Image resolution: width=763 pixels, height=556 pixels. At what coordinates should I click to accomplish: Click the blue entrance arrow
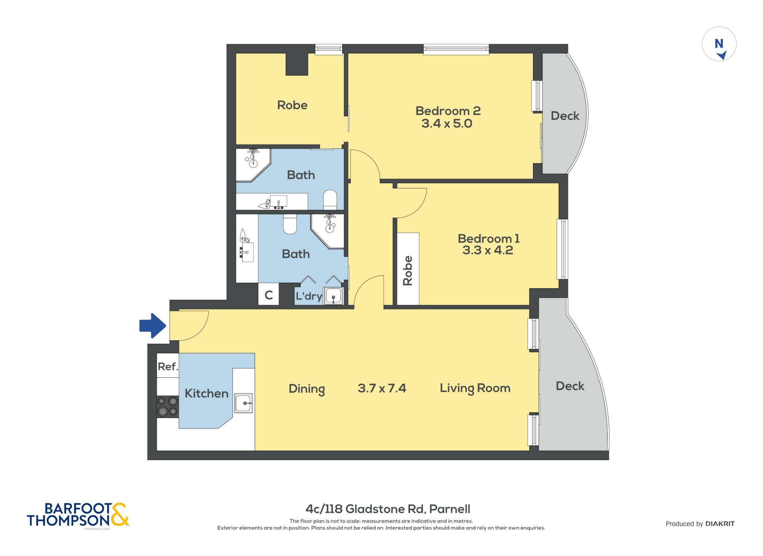click(153, 326)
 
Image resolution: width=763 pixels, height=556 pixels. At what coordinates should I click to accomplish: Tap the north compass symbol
click(719, 44)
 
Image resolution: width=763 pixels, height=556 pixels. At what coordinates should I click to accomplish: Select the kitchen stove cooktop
click(168, 406)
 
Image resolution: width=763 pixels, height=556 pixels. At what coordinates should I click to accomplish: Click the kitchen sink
click(244, 403)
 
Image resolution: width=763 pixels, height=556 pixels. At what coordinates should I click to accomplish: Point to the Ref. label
click(168, 367)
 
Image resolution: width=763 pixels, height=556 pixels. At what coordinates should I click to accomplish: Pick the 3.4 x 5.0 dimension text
click(447, 124)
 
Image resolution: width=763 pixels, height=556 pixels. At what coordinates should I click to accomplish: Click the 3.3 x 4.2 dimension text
click(488, 250)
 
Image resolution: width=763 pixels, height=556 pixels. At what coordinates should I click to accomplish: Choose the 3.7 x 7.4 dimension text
click(382, 388)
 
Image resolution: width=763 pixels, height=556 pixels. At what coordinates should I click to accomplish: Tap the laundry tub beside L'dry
click(333, 296)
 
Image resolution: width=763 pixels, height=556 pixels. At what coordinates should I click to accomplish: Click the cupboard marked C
click(269, 295)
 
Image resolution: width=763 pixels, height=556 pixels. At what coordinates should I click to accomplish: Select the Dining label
click(307, 389)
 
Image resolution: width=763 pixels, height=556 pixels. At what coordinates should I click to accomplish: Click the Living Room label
click(475, 389)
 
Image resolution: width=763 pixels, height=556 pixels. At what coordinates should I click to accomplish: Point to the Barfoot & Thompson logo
click(78, 515)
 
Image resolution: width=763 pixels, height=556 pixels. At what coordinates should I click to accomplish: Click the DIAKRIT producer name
click(720, 524)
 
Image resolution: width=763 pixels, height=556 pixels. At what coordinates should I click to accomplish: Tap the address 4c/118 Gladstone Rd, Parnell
click(388, 509)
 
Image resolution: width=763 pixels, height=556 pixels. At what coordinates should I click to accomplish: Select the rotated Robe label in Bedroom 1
click(408, 271)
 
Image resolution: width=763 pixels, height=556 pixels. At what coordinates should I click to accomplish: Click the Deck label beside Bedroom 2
click(565, 116)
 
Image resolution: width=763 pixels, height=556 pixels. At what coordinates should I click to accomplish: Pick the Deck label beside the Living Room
click(570, 386)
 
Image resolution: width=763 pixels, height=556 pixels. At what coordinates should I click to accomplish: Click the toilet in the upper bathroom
click(330, 200)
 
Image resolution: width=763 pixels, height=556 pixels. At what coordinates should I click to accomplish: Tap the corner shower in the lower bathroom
click(327, 231)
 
